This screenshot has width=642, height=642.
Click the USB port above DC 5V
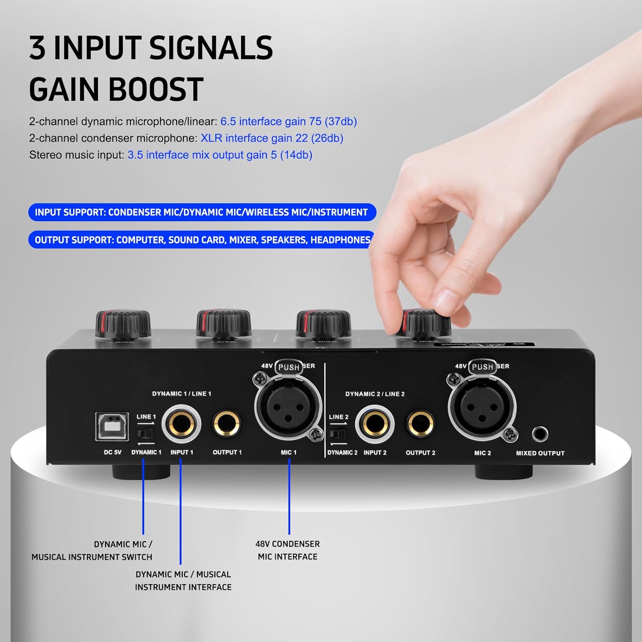(112, 426)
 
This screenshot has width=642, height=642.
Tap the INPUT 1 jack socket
(181, 425)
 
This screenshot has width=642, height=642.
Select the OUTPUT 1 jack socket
(226, 424)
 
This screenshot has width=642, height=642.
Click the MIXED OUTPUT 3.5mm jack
(540, 434)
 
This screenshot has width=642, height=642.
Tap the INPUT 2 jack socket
(374, 425)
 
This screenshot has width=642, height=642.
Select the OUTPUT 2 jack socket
(420, 425)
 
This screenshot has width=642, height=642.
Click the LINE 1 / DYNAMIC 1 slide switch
(145, 434)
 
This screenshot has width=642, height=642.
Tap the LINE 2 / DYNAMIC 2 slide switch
(338, 434)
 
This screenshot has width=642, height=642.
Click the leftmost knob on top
(123, 324)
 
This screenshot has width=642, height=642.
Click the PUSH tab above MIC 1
(288, 367)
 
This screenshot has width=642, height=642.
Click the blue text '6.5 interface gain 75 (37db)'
(288, 122)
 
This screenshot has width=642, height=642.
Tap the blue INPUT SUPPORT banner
(202, 212)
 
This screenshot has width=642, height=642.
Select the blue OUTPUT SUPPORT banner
(202, 240)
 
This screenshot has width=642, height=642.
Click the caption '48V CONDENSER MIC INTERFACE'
(288, 550)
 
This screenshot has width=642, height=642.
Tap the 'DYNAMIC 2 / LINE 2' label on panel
(374, 394)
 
